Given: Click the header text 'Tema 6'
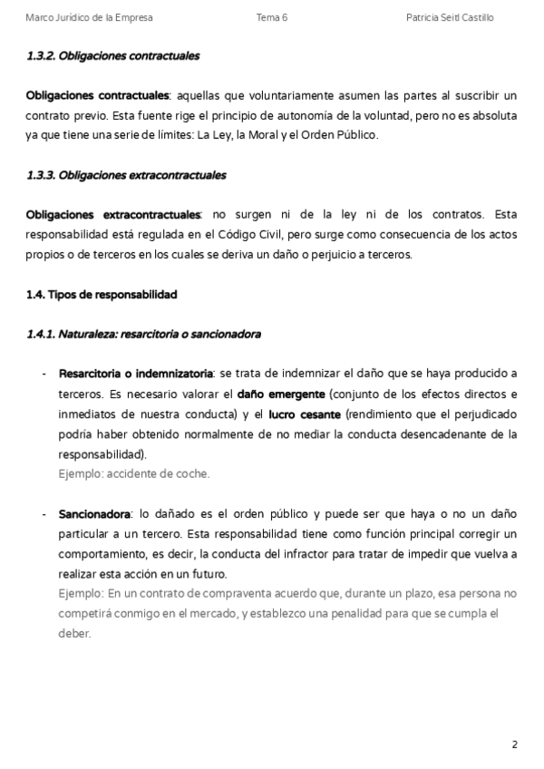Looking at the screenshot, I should coord(272,18).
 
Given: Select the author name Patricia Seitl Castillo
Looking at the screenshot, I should coord(451,18).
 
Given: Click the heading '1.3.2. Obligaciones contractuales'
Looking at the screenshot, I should coord(113,56).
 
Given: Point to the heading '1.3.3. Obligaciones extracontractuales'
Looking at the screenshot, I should coord(126,175).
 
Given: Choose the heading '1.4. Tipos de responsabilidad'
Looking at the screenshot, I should coord(102,295).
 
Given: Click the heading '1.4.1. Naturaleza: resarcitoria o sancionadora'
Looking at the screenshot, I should coord(144,334).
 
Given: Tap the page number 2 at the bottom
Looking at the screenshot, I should coord(514,745).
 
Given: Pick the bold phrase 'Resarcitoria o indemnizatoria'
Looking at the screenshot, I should coord(136,374).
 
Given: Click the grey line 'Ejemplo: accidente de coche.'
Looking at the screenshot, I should coord(134,473).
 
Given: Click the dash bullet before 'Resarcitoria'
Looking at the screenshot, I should coord(44,374).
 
